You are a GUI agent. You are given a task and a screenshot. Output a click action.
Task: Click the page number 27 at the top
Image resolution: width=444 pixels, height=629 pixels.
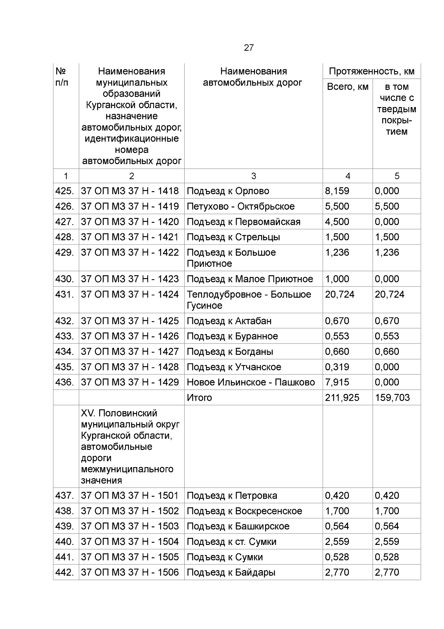249,48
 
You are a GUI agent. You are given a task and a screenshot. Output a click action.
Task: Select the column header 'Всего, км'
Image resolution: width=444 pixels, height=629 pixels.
347,87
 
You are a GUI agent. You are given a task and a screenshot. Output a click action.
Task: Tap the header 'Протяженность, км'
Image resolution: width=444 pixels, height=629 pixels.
371,71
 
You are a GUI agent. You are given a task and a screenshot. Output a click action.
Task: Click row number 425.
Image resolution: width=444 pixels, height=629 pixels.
64,191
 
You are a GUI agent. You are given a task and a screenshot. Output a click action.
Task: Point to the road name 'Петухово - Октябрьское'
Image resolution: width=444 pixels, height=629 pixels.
240,206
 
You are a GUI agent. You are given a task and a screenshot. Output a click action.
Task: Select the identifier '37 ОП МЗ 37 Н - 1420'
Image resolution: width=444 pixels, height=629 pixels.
130,222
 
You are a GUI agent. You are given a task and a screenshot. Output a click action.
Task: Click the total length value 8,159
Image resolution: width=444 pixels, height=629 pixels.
337,191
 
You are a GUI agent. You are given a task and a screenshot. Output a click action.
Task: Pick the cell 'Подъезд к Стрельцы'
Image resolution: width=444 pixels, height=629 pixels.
233,237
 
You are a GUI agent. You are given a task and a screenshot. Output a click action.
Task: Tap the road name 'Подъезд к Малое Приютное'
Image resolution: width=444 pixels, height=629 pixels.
250,279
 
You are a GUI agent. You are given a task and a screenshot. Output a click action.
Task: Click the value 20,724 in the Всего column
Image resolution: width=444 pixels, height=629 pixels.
339,294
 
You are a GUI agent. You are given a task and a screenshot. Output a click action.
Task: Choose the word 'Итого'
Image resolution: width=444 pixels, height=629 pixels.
199,398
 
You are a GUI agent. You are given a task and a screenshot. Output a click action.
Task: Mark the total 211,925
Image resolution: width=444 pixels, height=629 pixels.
342,398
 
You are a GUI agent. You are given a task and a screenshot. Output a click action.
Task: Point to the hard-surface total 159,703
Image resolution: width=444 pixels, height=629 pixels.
392,398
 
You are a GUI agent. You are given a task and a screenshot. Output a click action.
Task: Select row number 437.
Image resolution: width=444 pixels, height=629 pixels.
64,496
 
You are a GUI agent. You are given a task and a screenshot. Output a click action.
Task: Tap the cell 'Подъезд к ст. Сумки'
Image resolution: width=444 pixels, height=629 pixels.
231,542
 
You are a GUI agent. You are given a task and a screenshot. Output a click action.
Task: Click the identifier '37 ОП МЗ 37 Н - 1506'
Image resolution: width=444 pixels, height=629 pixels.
130,572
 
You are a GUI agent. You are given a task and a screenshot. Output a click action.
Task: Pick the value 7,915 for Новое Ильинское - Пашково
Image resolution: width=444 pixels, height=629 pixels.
337,382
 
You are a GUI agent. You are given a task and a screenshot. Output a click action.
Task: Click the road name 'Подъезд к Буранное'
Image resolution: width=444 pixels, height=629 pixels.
232,336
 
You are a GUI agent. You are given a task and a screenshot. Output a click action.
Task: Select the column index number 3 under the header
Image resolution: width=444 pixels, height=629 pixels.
253,176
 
